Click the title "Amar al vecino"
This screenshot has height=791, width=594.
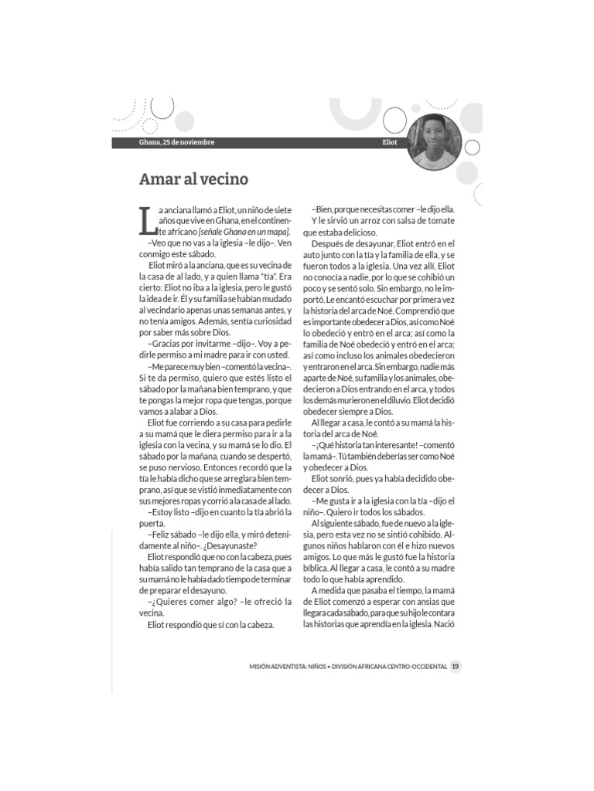(x=193, y=179)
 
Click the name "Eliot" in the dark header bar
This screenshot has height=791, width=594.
(x=390, y=143)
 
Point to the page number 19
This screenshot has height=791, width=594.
(x=456, y=667)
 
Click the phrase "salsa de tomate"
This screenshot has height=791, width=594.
(x=424, y=220)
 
